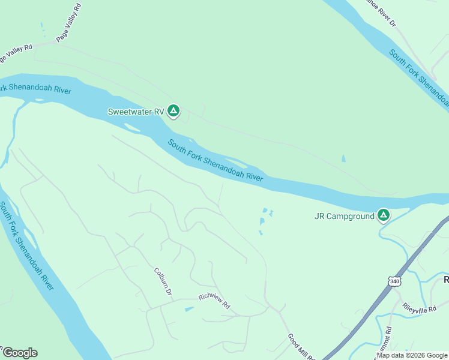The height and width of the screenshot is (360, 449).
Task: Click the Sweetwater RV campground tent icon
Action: pos(173,111)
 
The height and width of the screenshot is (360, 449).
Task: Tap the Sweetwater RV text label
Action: pos(135,112)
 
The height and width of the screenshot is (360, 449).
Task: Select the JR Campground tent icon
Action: pos(383,215)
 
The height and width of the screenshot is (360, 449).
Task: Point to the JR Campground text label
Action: pos(344,217)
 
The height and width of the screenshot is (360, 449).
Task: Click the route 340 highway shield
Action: pos(394,281)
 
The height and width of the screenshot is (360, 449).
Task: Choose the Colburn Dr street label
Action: pos(163,281)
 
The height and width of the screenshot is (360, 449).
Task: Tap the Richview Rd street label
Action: pos(214,301)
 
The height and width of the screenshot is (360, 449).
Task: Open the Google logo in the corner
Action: pos(20,353)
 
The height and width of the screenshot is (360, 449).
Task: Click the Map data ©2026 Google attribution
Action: pos(412,355)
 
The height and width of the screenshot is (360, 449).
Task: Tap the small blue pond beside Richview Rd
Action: pos(189,309)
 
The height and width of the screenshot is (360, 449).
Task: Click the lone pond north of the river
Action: pos(343,159)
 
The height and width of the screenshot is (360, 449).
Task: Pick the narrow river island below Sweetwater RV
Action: pos(133,127)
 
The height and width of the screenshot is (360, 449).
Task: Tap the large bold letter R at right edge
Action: pos(446,280)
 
